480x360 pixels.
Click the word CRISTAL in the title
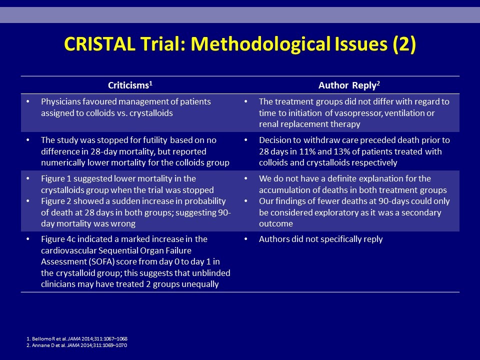click(99, 44)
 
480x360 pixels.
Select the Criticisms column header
click(130, 85)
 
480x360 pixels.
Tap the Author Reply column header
click(349, 85)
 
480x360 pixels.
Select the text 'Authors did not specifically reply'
click(321, 239)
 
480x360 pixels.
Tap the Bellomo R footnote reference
click(77, 339)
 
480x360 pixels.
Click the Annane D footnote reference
click(76, 345)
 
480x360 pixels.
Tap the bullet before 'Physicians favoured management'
click(28, 101)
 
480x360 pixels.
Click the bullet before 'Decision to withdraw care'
click(246, 140)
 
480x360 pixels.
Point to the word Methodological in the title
click(260, 44)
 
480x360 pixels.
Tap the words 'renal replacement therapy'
click(309, 124)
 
